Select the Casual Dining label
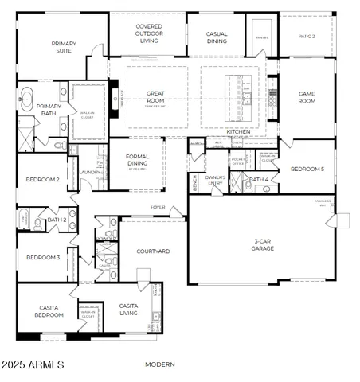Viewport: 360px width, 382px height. [x=217, y=37]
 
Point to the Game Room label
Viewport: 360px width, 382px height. [x=307, y=97]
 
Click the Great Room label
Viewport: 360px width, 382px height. [x=156, y=97]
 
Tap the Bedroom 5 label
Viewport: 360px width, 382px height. [x=307, y=170]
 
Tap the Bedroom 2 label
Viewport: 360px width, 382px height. [x=42, y=180]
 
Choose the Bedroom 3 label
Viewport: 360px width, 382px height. [x=42, y=257]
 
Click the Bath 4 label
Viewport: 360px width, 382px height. [x=258, y=180]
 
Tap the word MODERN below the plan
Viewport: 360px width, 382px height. [x=161, y=364]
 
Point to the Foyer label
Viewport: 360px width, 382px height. [x=158, y=208]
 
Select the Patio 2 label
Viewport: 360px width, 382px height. [x=307, y=37]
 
